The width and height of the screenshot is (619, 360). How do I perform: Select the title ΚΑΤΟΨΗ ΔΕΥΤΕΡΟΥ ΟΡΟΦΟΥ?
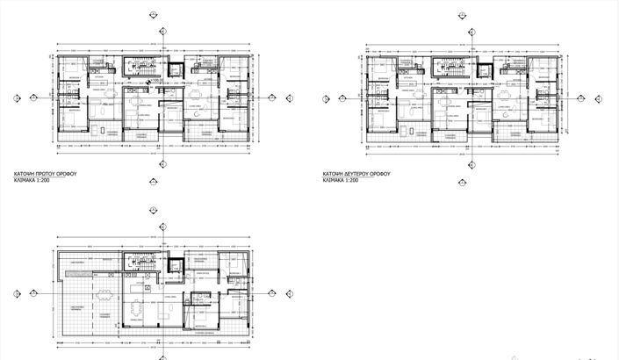coord(356,175)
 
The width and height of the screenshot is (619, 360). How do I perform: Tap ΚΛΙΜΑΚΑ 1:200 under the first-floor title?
coord(44,183)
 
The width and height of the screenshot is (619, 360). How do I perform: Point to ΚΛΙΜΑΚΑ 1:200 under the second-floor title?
coord(342,182)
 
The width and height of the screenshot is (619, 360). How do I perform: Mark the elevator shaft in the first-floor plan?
coord(174,71)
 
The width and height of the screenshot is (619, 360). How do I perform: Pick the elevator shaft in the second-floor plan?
coord(484,71)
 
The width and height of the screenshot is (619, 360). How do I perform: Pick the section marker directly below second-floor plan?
coord(471,163)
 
